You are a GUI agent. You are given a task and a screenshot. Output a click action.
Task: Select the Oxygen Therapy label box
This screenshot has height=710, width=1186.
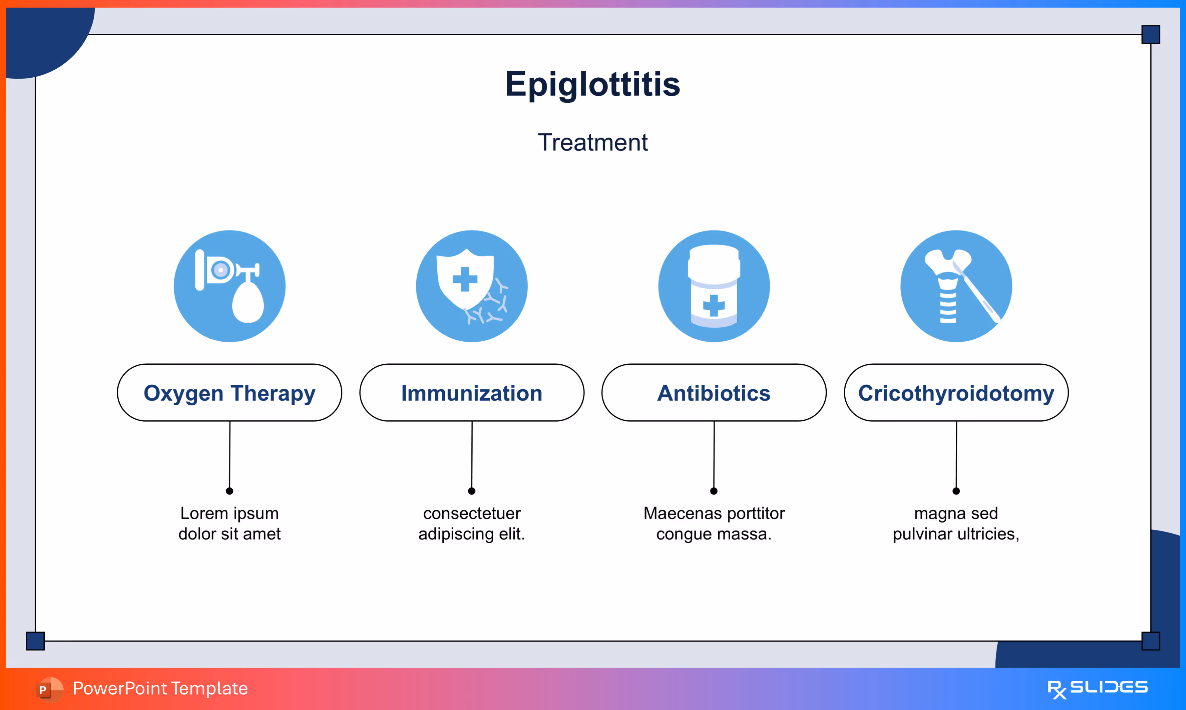pyautogui.click(x=229, y=393)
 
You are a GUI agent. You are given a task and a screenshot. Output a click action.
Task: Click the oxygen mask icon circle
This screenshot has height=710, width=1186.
pyautogui.click(x=229, y=286)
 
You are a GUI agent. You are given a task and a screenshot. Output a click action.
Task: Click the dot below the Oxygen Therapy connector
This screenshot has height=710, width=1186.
pyautogui.click(x=229, y=491)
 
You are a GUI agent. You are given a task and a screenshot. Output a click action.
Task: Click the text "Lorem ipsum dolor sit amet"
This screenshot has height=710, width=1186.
pyautogui.click(x=229, y=523)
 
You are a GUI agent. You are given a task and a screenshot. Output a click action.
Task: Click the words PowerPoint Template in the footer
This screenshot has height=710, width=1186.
pyautogui.click(x=160, y=688)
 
